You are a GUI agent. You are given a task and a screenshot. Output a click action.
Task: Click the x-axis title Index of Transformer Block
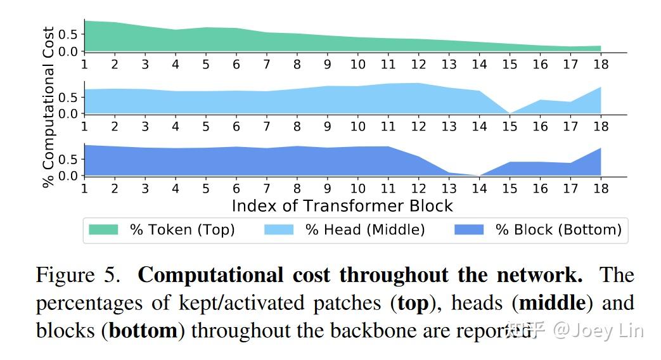click(342, 206)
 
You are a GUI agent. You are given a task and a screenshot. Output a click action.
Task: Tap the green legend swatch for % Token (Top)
click(103, 229)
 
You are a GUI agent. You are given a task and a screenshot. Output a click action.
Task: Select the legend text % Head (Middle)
click(365, 229)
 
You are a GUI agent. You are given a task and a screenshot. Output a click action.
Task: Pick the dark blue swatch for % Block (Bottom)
click(469, 229)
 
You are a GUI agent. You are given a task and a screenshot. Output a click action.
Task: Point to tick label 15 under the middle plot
click(510, 127)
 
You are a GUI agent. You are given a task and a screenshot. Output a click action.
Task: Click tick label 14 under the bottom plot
click(479, 189)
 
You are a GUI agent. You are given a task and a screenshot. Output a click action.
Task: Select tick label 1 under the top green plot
click(84, 65)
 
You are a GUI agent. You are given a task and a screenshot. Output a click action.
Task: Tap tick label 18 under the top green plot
click(600, 65)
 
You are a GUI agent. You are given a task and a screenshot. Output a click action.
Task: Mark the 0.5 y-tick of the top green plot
click(68, 34)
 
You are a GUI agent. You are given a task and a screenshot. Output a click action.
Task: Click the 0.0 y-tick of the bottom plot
click(68, 176)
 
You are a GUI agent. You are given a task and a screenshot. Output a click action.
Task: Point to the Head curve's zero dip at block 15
click(510, 113)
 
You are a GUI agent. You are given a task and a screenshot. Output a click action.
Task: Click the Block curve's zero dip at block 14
click(479, 175)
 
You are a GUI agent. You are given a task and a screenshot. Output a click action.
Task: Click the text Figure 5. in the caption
click(77, 276)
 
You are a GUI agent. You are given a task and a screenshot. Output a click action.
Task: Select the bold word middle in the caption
click(552, 303)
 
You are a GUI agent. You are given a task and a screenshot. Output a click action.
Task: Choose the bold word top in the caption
click(412, 304)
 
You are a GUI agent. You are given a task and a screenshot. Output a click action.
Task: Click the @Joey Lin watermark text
click(598, 330)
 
